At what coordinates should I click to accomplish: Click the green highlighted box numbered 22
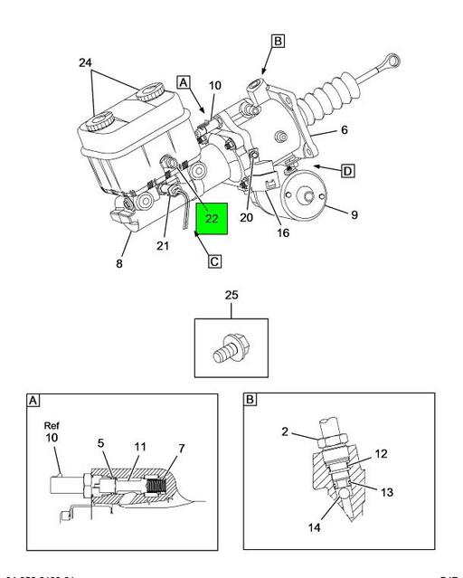coord(211,218)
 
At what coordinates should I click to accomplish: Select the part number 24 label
coord(84,63)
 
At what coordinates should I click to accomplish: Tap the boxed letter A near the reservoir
coord(184,81)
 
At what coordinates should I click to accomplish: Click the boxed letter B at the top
coord(278,41)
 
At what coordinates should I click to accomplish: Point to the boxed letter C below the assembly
coord(214,262)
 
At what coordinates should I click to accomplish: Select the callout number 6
coord(343,130)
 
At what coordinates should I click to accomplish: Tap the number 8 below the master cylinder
coord(118,265)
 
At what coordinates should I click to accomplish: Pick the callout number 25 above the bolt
coord(231,296)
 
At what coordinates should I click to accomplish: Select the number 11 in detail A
coord(140,446)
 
